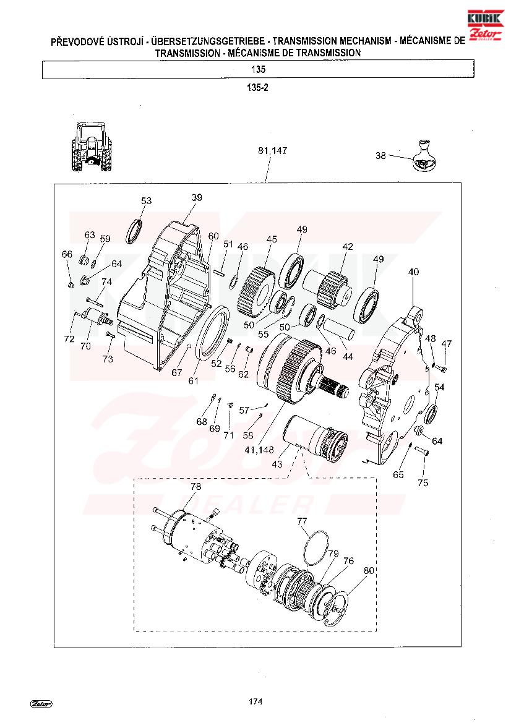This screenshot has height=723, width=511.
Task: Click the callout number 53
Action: pos(146,200)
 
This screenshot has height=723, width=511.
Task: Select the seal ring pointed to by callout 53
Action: pos(134,230)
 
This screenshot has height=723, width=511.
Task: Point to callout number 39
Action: pos(197,198)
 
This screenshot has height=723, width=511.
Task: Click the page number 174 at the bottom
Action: pos(255,701)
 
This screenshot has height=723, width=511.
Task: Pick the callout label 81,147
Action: pos(272,151)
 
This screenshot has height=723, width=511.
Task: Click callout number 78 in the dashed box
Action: pos(195,487)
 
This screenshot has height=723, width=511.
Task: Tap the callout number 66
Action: pos(67,254)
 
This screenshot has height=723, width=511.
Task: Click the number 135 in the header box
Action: pos(259,69)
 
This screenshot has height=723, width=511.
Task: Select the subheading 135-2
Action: pos(257,88)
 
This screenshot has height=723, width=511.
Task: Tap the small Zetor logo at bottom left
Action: pos(41,704)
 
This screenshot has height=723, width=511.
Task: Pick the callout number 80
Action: pos(369,571)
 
